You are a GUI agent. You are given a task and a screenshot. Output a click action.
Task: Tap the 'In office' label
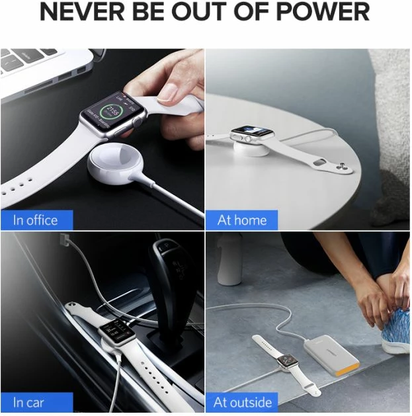pyautogui.click(x=36, y=220)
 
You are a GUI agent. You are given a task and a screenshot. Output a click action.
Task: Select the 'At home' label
pyautogui.click(x=241, y=220)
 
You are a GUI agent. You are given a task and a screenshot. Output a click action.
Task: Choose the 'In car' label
pyautogui.click(x=27, y=402)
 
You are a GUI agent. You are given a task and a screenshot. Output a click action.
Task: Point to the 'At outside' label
pyautogui.click(x=242, y=402)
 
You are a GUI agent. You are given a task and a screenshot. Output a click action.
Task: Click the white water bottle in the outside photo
pyautogui.click(x=230, y=261)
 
